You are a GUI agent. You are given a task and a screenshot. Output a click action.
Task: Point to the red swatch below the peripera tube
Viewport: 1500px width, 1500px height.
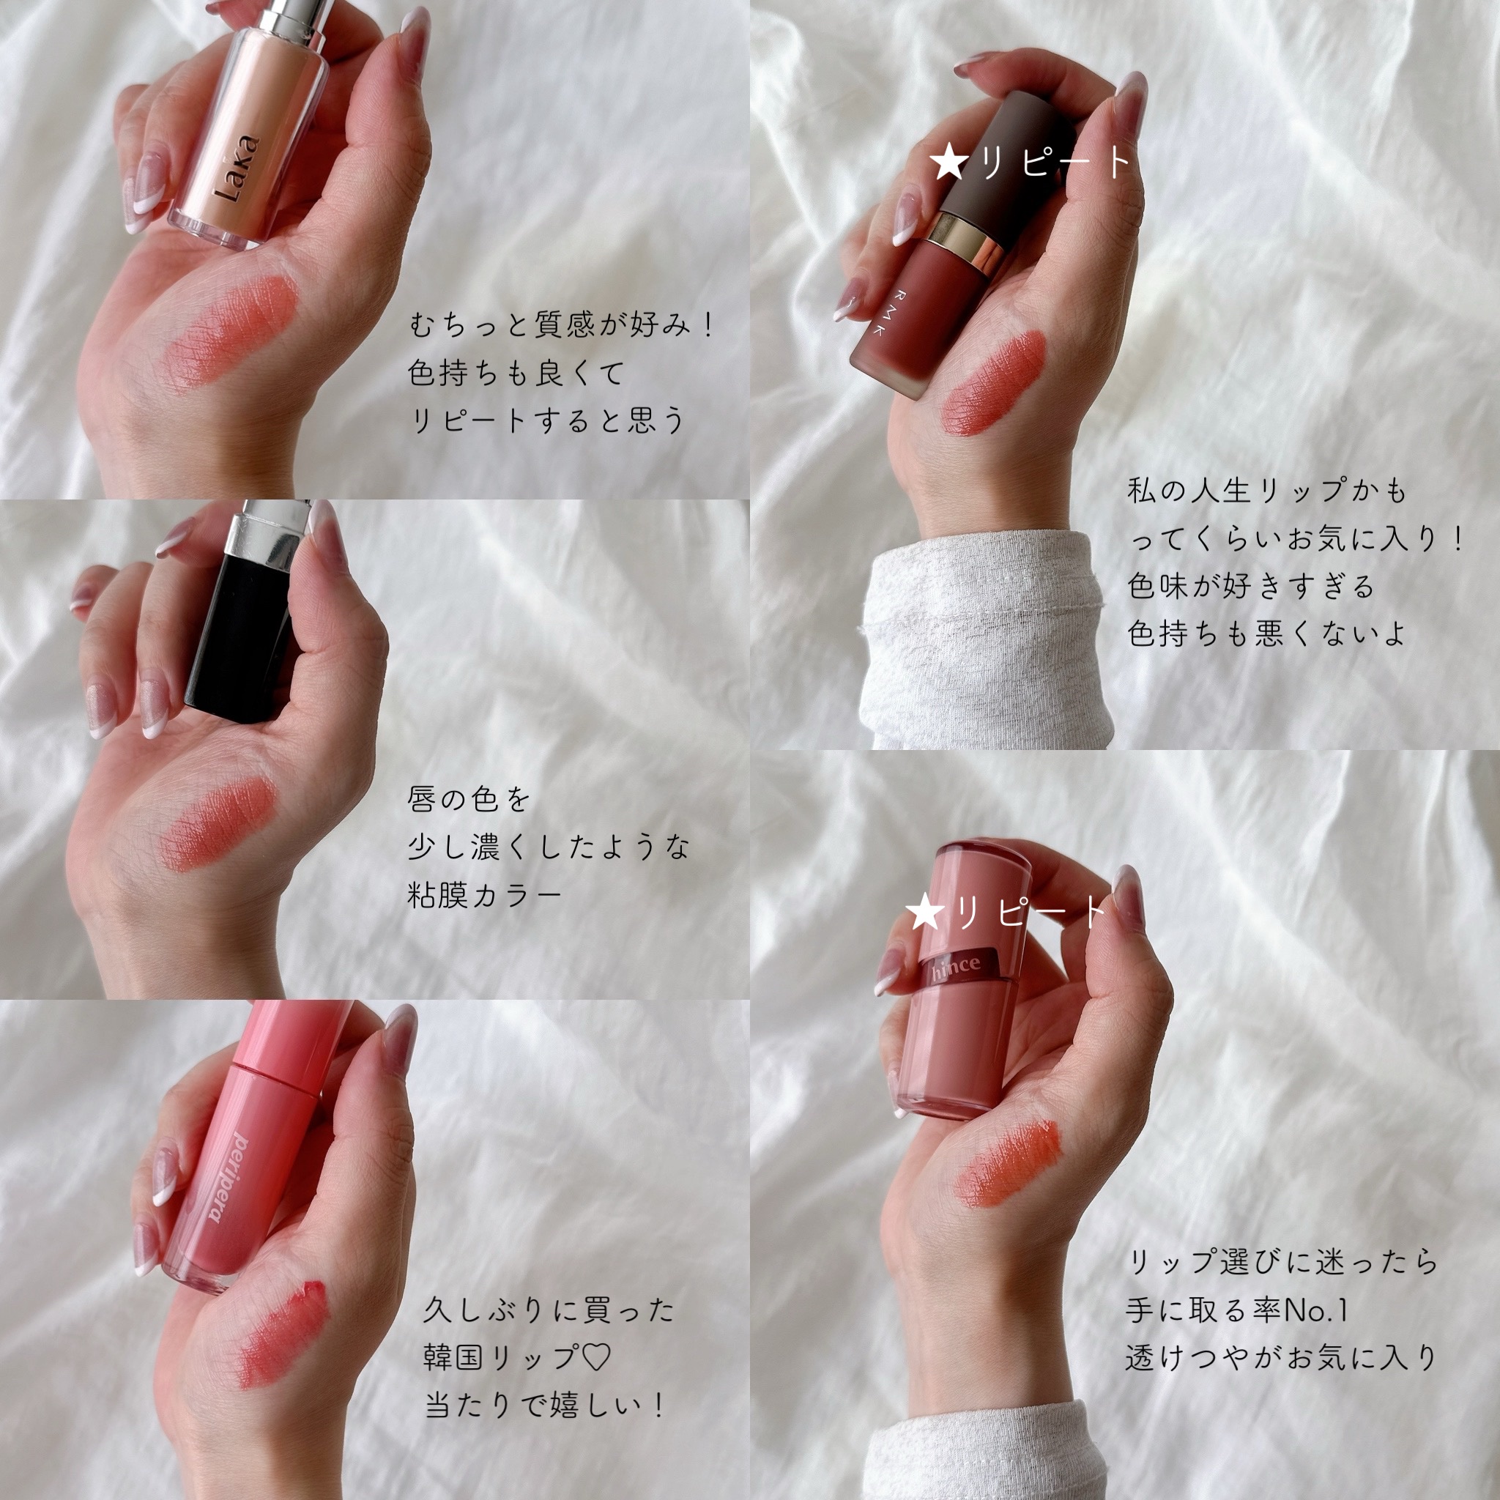pos(283,1332)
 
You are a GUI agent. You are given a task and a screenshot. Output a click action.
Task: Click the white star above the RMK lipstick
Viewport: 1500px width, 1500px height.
pos(948,164)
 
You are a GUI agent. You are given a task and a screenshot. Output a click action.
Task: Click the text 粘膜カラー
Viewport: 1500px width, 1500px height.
pos(483,895)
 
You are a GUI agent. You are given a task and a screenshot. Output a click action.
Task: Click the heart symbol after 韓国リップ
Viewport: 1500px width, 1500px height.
pos(595,1358)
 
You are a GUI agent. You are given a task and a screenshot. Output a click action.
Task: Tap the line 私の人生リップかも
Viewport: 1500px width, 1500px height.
pos(1267,491)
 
